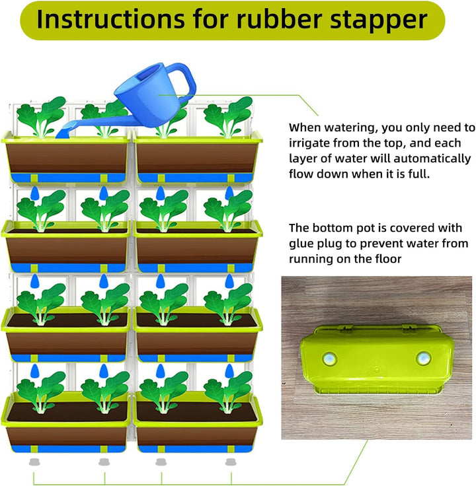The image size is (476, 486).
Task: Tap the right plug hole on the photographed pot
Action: pos(424,359)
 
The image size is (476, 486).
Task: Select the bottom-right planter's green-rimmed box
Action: pos(198,423)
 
